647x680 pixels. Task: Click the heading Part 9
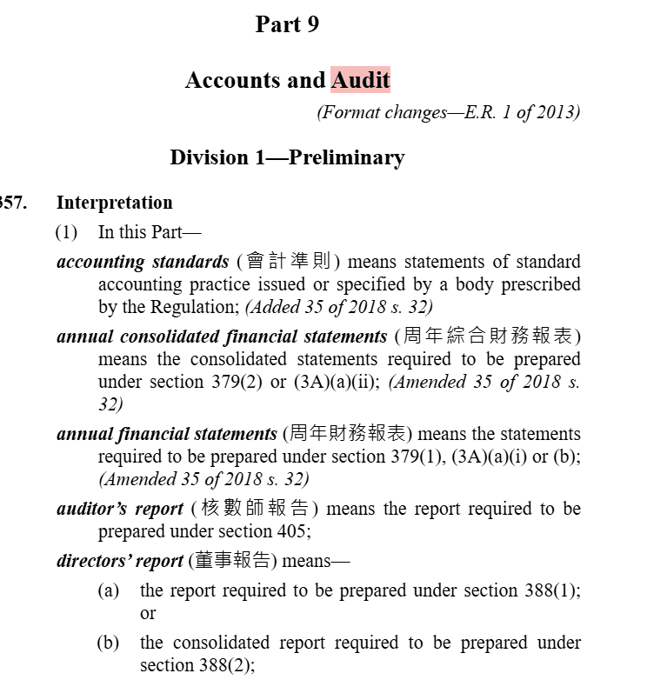tap(287, 24)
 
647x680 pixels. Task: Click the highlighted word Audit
tap(360, 81)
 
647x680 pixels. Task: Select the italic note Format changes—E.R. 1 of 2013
tap(448, 112)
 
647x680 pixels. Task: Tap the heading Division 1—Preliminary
tap(287, 157)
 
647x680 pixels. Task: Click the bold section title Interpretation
tap(114, 203)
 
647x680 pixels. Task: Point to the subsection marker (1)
tap(66, 232)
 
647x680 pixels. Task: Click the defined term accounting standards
tap(143, 262)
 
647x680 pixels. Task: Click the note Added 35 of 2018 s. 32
tap(339, 306)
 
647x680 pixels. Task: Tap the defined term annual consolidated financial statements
tap(222, 337)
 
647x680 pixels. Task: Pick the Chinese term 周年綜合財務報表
tap(487, 337)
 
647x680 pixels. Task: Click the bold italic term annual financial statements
tap(167, 434)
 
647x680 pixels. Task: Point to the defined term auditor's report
tap(120, 509)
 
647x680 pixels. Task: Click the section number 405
tap(292, 531)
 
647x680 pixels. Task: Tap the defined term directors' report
tap(120, 561)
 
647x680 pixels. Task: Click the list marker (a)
tap(108, 590)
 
